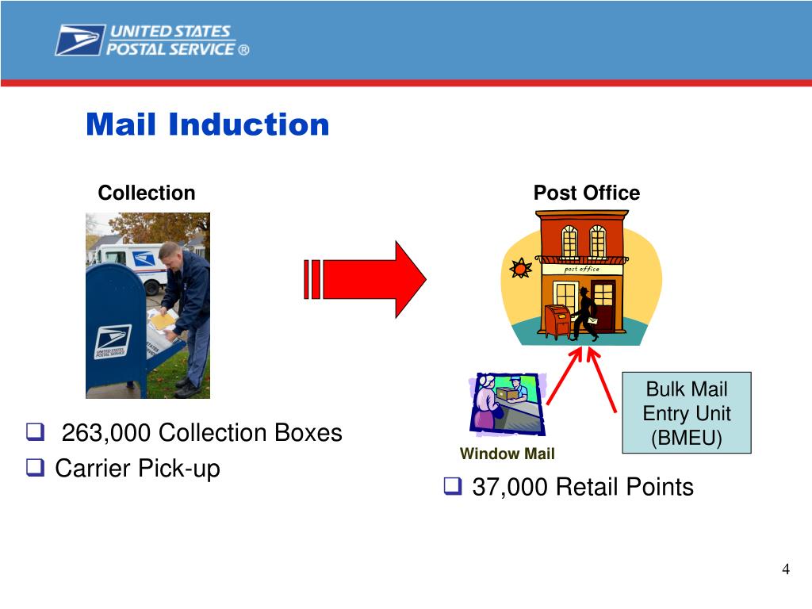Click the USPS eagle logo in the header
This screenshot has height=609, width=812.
[x=80, y=40]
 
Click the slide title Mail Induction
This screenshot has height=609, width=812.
[x=207, y=124]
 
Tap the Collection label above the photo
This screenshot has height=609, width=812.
[x=146, y=193]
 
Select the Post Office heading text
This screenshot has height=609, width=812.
[x=586, y=193]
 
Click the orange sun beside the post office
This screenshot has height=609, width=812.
[x=520, y=269]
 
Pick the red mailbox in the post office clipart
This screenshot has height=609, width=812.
[x=558, y=320]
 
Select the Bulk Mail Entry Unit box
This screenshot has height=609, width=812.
[x=686, y=412]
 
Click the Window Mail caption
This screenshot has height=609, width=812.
[x=507, y=454]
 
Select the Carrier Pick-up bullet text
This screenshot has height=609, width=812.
[x=137, y=469]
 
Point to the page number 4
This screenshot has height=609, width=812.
[x=785, y=569]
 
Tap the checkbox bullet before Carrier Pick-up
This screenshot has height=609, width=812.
[x=34, y=469]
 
